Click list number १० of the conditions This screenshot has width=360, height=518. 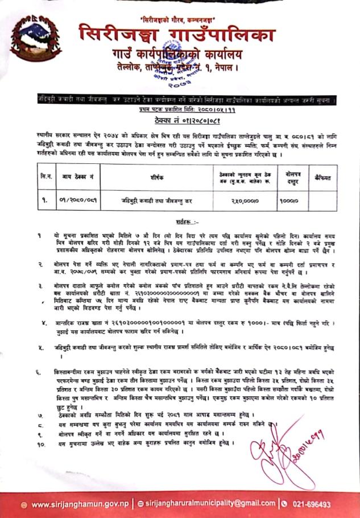(x=39, y=442)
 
